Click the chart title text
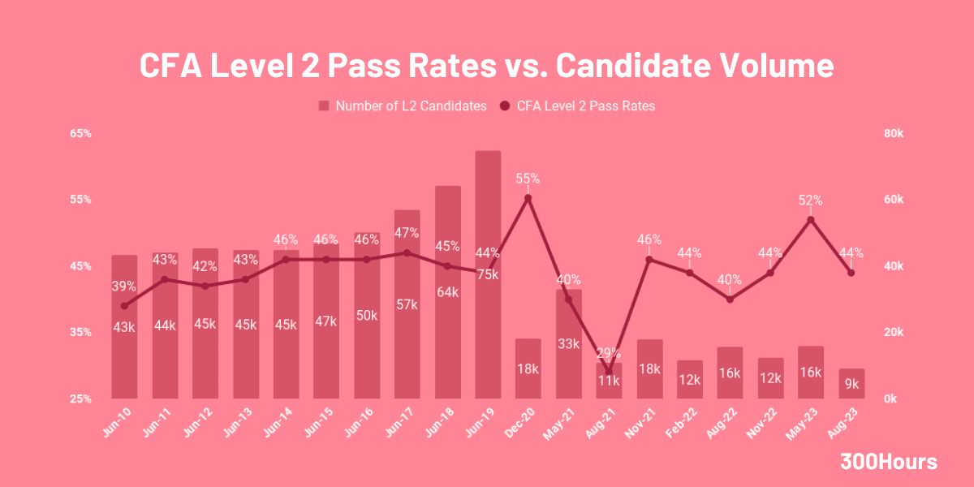tap(486, 65)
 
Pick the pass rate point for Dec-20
tap(528, 198)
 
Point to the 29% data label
tap(609, 353)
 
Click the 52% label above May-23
tap(810, 200)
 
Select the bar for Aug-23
tap(851, 384)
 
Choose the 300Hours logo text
tap(889, 462)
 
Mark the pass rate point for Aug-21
tap(609, 373)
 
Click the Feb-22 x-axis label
tap(684, 423)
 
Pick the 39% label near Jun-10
tap(124, 287)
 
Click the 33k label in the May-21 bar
tap(569, 343)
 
